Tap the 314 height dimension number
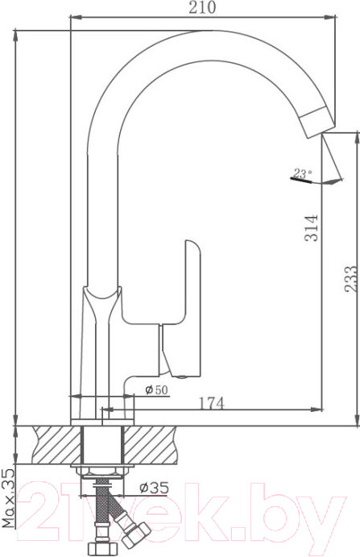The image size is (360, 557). click(x=312, y=228)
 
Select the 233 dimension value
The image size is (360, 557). click(x=351, y=279)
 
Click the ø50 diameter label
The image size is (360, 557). click(x=156, y=390)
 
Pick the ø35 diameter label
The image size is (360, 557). click(x=154, y=488)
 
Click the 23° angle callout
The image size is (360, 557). click(x=303, y=173)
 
